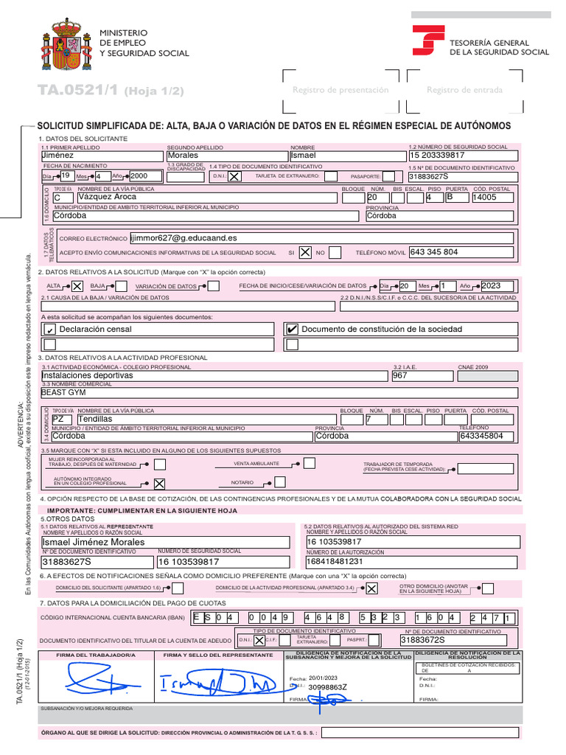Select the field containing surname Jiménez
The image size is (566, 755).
pyautogui.click(x=102, y=156)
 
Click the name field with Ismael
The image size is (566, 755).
pyautogui.click(x=346, y=156)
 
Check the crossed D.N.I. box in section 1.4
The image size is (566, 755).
pyautogui.click(x=233, y=177)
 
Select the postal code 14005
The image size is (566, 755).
pyautogui.click(x=494, y=198)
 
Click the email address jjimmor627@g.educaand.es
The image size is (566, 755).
pyautogui.click(x=184, y=238)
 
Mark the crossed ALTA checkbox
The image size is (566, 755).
pyautogui.click(x=77, y=286)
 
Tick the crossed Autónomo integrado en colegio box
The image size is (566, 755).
pyautogui.click(x=158, y=483)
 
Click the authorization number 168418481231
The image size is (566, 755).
pyautogui.click(x=335, y=561)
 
